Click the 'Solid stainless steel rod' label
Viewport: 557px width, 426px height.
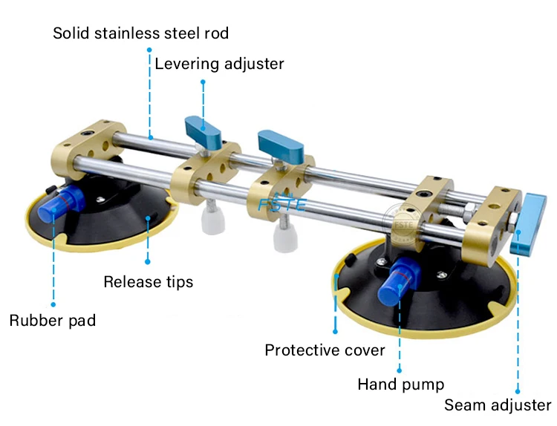coord(140,33)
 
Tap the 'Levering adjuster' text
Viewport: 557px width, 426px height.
coord(219,64)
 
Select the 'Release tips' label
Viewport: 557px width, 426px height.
coord(148,282)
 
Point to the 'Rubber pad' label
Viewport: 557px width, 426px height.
coord(53,321)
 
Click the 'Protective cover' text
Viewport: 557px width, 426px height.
coord(325,350)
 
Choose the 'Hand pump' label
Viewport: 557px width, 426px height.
coord(401,384)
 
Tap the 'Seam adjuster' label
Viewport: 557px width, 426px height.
coord(498,405)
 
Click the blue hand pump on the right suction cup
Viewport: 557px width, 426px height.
coord(399,283)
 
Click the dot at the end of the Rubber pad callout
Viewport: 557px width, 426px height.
coord(53,303)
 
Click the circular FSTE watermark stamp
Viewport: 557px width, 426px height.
coord(399,220)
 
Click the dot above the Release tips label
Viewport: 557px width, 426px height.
coord(148,261)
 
